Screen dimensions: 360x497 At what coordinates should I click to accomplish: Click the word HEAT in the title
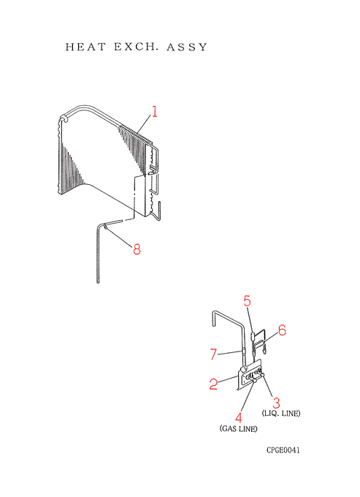pyautogui.click(x=85, y=47)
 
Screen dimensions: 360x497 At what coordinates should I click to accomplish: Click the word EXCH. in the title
pyautogui.click(x=136, y=47)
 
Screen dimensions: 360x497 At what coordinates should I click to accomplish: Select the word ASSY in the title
pyautogui.click(x=187, y=48)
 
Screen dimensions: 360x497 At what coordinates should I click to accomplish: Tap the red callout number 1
pyautogui.click(x=154, y=112)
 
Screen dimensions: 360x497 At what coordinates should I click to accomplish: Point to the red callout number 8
pyautogui.click(x=137, y=249)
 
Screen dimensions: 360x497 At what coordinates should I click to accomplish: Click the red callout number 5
pyautogui.click(x=248, y=301)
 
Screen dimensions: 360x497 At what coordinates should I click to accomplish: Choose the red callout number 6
pyautogui.click(x=282, y=330)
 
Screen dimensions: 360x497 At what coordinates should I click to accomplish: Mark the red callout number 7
pyautogui.click(x=214, y=354)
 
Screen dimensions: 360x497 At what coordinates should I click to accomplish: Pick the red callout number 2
pyautogui.click(x=213, y=384)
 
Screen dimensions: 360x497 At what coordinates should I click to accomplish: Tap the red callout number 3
pyautogui.click(x=277, y=403)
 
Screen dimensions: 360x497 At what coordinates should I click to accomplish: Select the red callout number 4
pyautogui.click(x=238, y=417)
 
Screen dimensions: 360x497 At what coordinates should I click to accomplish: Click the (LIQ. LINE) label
pyautogui.click(x=281, y=414)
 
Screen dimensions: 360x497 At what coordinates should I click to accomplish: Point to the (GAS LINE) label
pyautogui.click(x=238, y=428)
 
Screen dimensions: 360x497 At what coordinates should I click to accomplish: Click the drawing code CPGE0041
pyautogui.click(x=283, y=450)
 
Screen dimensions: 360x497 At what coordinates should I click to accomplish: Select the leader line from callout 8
pyautogui.click(x=118, y=235)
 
